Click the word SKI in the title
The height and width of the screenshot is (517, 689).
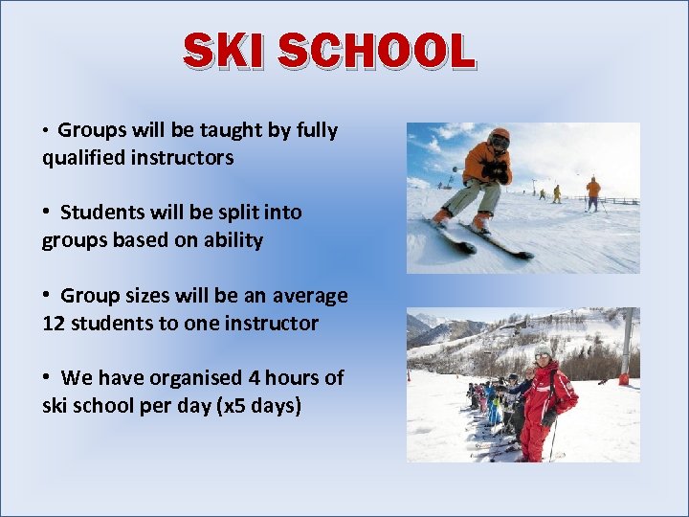tap(228, 51)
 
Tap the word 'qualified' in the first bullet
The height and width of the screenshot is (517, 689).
tap(83, 158)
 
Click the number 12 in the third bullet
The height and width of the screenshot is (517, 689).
tap(55, 324)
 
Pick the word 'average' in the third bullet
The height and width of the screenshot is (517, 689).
tap(310, 296)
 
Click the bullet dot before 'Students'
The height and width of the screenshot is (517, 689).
tap(47, 212)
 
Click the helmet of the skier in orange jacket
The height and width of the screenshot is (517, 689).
tap(499, 136)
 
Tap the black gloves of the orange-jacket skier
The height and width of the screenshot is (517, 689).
tap(496, 172)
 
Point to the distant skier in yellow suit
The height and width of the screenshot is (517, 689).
tap(556, 193)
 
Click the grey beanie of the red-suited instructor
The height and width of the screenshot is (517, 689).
tap(543, 350)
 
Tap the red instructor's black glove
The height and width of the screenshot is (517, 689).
tap(548, 417)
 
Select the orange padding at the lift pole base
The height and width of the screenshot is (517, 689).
tap(624, 379)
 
